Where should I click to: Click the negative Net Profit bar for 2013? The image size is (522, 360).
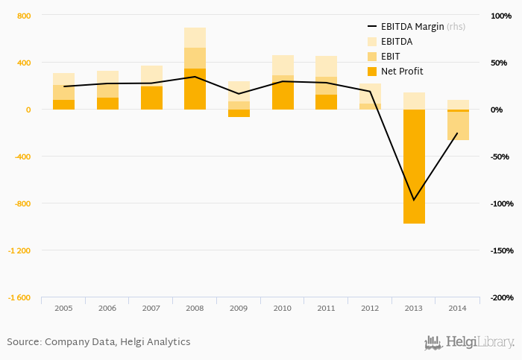[414, 166]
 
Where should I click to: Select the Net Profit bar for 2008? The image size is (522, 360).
[195, 89]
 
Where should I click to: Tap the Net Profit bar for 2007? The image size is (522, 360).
[151, 98]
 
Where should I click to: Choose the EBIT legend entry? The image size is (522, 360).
[389, 56]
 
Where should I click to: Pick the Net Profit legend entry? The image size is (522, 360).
[402, 71]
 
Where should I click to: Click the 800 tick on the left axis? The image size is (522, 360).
[24, 16]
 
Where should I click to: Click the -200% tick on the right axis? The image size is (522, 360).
[500, 297]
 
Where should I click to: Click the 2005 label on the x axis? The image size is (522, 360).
[63, 308]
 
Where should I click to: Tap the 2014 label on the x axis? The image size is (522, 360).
[458, 308]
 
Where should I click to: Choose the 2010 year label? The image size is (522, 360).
[283, 308]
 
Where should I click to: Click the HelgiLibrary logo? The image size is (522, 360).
[470, 342]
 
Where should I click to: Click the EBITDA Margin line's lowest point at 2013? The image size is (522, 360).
[414, 200]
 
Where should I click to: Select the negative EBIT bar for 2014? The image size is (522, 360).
[458, 125]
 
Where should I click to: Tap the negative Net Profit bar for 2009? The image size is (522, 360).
[239, 113]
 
